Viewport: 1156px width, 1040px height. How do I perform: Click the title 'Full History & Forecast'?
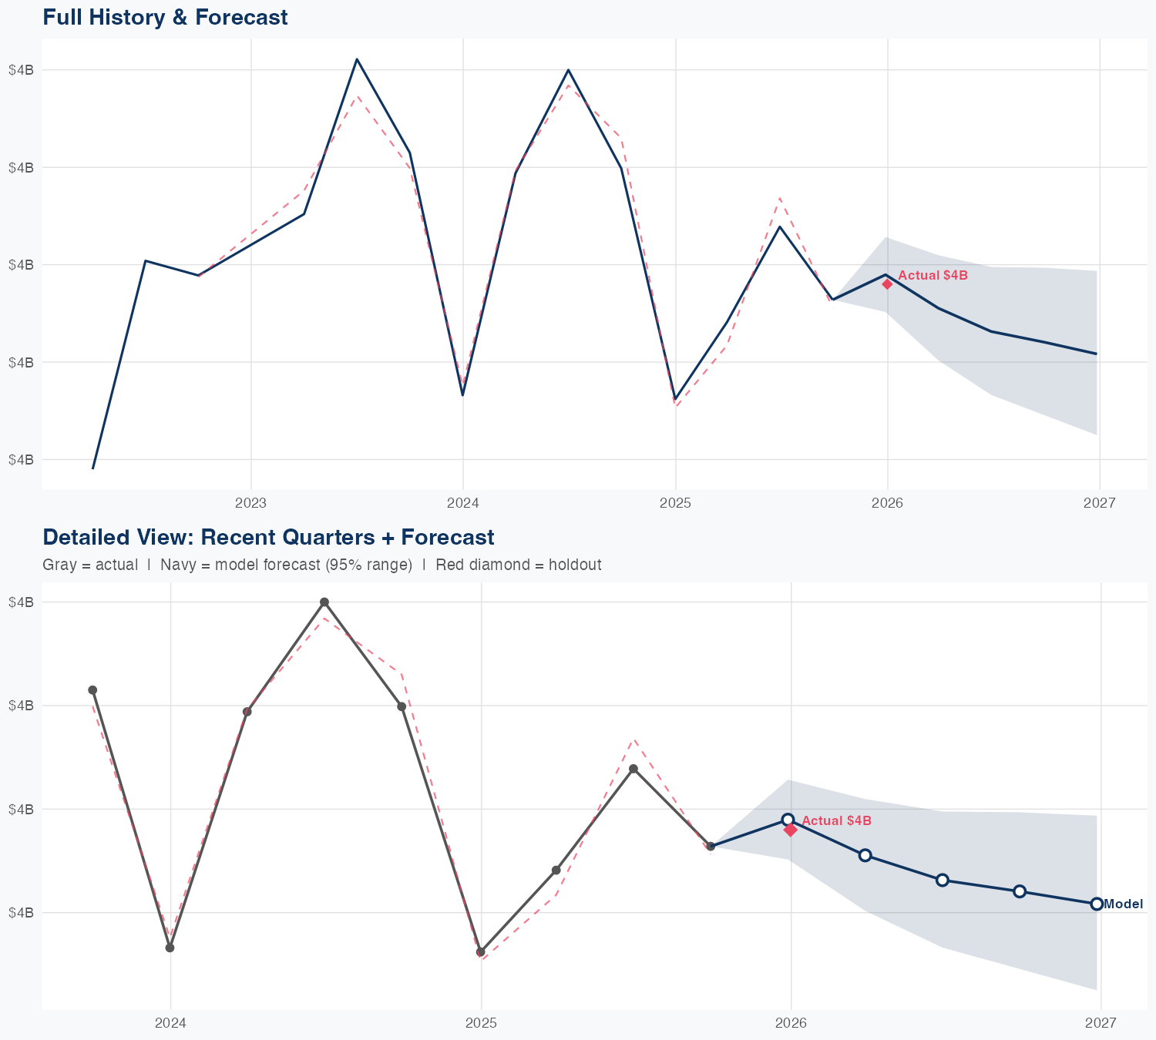(165, 17)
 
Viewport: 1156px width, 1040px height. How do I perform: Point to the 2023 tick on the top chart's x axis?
(250, 504)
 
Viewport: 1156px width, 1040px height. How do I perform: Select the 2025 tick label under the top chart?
(675, 504)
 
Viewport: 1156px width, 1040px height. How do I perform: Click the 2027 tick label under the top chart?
(1099, 504)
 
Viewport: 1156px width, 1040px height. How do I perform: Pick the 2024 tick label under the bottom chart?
(170, 1023)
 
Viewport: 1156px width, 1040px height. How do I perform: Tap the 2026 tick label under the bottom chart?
(791, 1023)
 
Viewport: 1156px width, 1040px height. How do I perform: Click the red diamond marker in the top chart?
(887, 283)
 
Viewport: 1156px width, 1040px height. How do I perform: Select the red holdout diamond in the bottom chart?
(790, 830)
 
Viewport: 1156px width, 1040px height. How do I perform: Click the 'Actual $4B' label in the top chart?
(933, 275)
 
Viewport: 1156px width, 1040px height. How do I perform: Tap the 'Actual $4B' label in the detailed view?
(836, 821)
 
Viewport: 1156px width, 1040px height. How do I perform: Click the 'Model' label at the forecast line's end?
(1124, 904)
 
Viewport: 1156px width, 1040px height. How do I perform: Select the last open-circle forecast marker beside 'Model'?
(1097, 904)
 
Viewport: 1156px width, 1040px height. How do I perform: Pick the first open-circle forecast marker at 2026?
(788, 820)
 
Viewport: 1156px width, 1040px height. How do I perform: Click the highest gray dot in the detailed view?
(324, 602)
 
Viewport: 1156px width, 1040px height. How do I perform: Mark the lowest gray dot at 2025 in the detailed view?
(481, 952)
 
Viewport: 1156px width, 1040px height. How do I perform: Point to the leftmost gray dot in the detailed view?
(92, 689)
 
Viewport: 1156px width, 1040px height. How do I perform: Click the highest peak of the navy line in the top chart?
(357, 59)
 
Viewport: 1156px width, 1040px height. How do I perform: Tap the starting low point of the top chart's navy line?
(93, 468)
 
